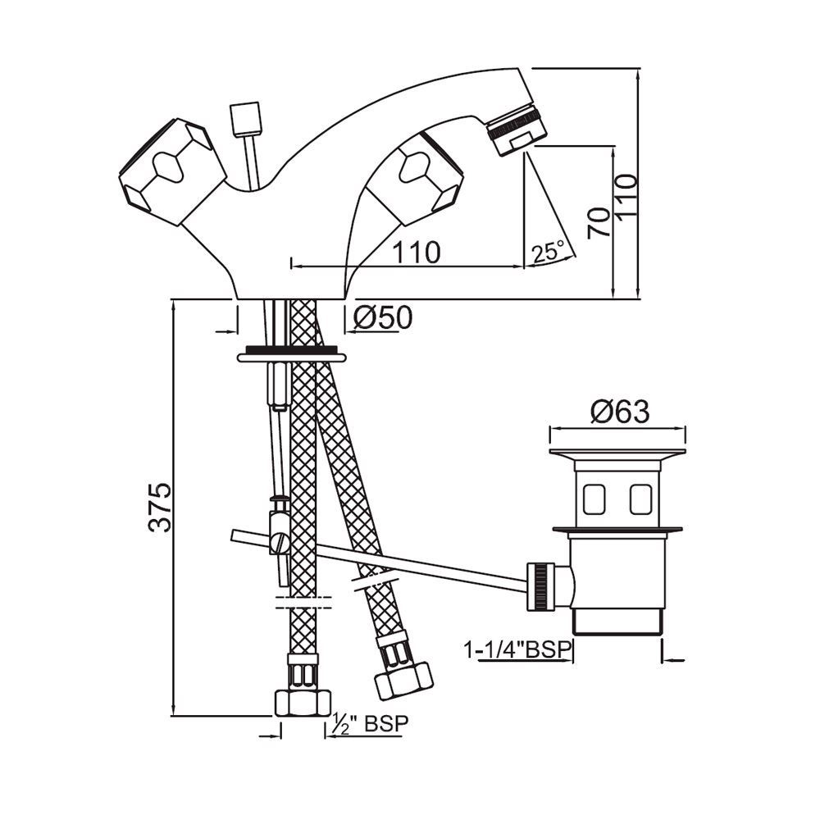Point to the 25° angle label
(x=548, y=252)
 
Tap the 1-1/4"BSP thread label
(x=517, y=651)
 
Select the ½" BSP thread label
(x=367, y=724)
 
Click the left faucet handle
(x=171, y=170)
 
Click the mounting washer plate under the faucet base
(x=291, y=357)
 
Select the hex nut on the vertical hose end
(x=301, y=703)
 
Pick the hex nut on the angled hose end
(x=403, y=677)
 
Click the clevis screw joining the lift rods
(x=280, y=542)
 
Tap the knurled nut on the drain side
(x=540, y=585)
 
